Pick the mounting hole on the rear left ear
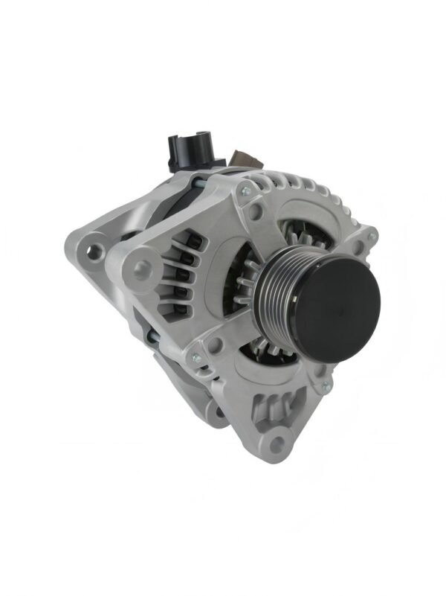coord(94,251)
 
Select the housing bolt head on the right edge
coord(372,237)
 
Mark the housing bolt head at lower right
coord(324,386)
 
